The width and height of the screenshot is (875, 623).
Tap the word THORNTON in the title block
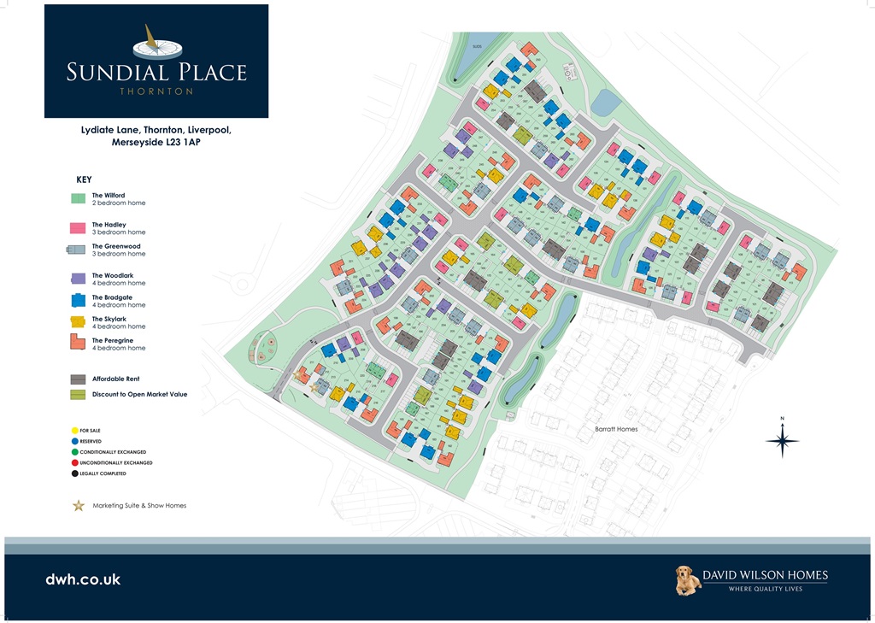[156, 91]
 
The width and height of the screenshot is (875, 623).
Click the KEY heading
[84, 180]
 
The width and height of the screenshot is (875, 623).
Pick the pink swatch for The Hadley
[78, 228]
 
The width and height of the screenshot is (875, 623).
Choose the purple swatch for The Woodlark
[78, 279]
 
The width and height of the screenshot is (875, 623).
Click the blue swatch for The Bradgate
[78, 300]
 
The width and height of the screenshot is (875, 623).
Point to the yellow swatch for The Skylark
[78, 321]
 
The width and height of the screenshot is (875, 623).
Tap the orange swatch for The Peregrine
[78, 343]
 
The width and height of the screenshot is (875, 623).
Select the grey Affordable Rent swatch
[78, 379]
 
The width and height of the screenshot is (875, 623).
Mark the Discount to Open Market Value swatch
[78, 394]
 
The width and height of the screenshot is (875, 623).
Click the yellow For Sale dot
[75, 430]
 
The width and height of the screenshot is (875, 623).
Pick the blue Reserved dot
[75, 441]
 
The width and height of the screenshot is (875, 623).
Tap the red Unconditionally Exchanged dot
[75, 462]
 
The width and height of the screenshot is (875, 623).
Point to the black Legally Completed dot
[75, 473]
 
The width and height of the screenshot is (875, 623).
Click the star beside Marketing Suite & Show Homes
[79, 505]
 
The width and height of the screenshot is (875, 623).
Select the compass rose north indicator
[782, 439]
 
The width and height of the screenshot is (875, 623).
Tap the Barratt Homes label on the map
[616, 429]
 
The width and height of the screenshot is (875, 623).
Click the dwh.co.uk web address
[83, 579]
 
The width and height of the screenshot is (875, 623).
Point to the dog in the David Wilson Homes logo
[688, 580]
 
